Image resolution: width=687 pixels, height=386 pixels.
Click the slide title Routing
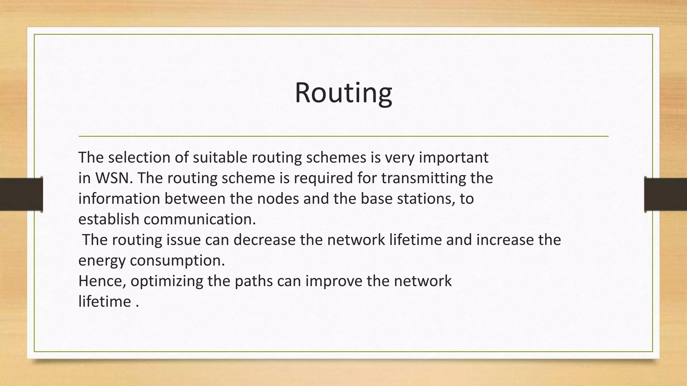[343, 93]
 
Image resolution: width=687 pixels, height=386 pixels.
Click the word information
[119, 199]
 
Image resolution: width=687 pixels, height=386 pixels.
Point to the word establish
[109, 219]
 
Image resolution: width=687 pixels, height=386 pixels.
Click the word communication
[200, 219]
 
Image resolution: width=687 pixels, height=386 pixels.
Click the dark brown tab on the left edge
[21, 194]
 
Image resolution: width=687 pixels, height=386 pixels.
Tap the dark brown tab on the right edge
[666, 194]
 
